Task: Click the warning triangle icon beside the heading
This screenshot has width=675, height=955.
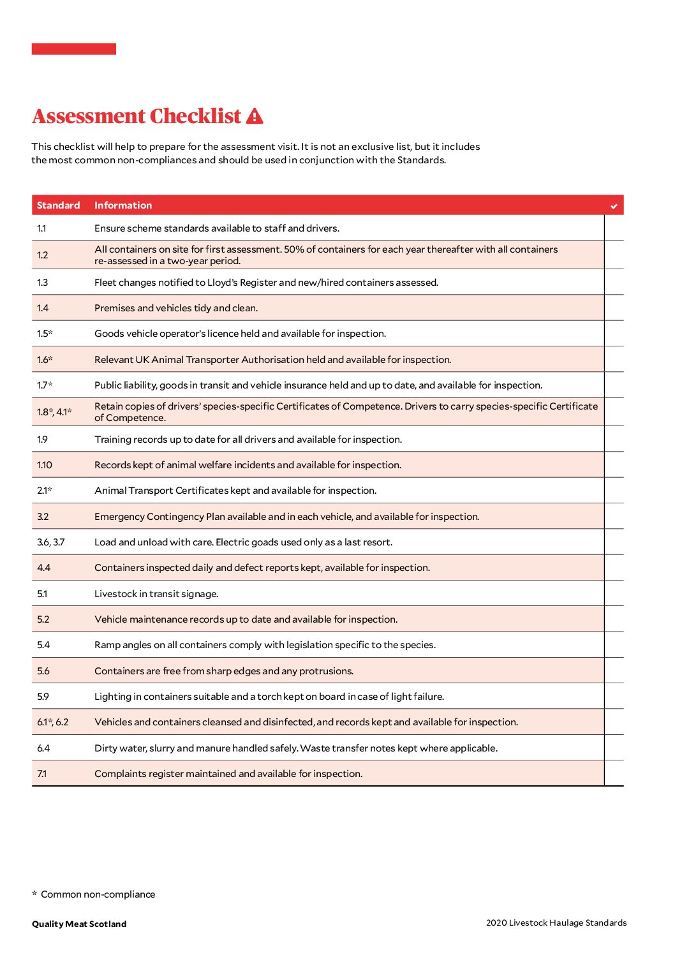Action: [255, 116]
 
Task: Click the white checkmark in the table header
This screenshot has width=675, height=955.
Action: [614, 206]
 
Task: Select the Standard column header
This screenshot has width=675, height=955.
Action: [58, 205]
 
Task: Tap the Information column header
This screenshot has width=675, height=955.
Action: [123, 205]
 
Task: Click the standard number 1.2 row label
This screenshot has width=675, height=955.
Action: [42, 255]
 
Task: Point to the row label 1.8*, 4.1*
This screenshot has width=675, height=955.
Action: [54, 412]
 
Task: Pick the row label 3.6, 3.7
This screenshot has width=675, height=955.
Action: [50, 542]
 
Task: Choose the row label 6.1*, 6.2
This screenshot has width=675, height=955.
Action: [52, 722]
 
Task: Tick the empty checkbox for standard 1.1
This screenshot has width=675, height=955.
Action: [614, 228]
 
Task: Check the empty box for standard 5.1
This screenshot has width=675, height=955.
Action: [614, 594]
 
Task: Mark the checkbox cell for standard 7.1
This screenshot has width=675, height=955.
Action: [614, 774]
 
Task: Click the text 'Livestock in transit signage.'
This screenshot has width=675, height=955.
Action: [156, 594]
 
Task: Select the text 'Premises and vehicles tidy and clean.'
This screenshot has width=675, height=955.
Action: [176, 308]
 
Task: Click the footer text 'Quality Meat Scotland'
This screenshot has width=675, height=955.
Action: [79, 924]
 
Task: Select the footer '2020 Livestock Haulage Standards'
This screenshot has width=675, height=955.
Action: [556, 922]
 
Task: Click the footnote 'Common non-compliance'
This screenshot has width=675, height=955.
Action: [98, 894]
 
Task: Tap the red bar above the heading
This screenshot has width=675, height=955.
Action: [74, 49]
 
